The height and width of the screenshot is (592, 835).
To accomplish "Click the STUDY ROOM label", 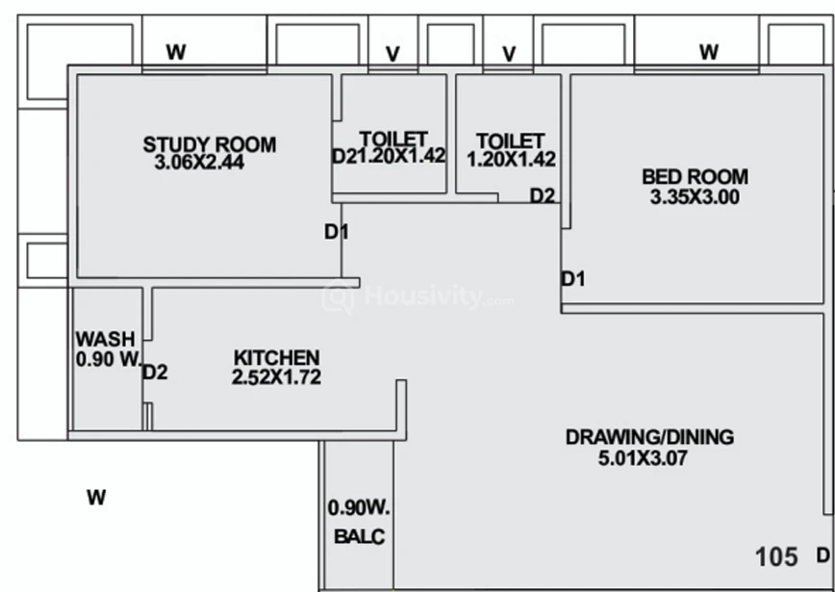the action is coord(210,144).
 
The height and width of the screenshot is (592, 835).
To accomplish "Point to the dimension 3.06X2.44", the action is coord(199,162).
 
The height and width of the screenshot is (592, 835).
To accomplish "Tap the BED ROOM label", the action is coord(695,176).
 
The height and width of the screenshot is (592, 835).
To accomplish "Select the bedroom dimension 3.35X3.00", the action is coord(695,197).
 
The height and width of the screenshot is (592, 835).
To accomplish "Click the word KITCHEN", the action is coord(277,357).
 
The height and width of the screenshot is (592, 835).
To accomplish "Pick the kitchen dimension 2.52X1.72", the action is coord(276,376).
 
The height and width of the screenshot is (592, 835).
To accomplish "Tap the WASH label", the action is coord(106,339).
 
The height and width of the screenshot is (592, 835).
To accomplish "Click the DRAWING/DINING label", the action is coord(649,437).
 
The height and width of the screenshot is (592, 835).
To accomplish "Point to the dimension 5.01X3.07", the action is coord(643,458).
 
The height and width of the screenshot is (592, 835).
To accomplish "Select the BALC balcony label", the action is coord(360,536).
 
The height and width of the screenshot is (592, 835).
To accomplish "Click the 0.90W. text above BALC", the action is coord(359,508).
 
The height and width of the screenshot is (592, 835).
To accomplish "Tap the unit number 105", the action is coord(777,556).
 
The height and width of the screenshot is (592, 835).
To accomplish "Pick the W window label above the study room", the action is coord(176,52).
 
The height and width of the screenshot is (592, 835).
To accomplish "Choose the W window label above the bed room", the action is coord(709,52).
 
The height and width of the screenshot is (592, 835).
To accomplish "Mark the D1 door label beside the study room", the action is coord(337,232).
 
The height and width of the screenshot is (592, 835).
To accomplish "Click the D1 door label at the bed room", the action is coord(573,279).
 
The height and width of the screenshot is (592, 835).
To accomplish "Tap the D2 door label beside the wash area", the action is coord(155,373).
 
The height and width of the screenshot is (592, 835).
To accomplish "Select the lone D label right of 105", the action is coord(823,555).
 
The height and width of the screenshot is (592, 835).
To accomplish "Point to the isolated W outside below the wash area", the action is coord(96,497).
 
